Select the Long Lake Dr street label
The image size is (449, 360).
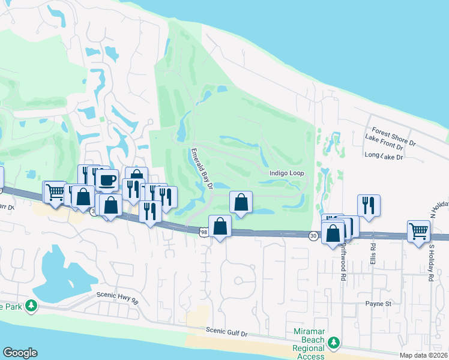coord(384,156)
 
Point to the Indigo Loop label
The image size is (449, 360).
coord(287,173)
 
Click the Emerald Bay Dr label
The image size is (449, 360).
coord(202,169)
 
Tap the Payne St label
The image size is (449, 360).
coord(378,304)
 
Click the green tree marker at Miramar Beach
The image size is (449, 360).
coord(334,343)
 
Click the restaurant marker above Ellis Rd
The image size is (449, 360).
coord(369,204)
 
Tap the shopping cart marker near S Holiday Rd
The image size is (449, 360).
coord(418,230)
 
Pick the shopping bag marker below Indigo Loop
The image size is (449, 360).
coord(241,202)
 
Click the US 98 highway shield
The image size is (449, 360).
coord(204,232)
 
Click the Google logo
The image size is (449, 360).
coord(20,353)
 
